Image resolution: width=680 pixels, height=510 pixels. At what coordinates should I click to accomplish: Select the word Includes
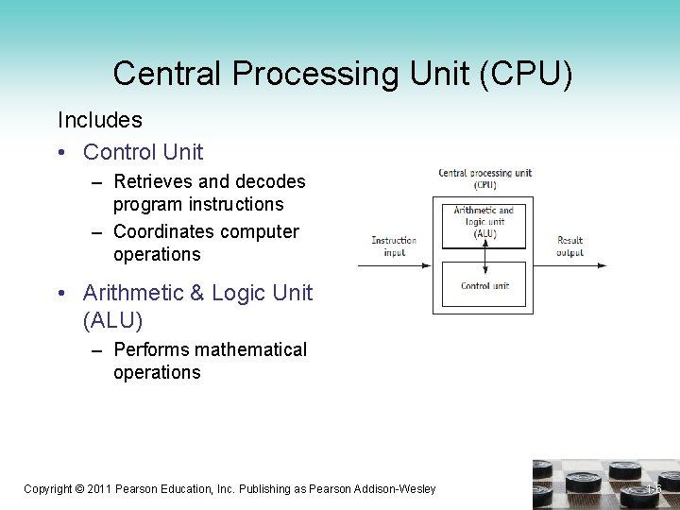[x=100, y=120]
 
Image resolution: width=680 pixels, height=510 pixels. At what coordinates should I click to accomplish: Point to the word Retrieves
[x=155, y=181]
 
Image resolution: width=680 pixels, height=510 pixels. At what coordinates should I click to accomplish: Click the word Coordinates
[x=164, y=231]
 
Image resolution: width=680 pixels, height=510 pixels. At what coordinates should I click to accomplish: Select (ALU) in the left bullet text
[x=113, y=321]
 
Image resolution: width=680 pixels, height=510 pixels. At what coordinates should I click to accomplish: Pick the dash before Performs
[x=97, y=350]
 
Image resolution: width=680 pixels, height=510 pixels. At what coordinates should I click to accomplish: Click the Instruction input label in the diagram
[x=394, y=246]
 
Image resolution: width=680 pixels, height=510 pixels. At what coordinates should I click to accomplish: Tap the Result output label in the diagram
[x=569, y=246]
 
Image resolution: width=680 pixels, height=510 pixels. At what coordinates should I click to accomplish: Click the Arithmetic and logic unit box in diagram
[x=484, y=224]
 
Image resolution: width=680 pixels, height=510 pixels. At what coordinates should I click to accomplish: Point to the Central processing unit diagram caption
[x=484, y=178]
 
